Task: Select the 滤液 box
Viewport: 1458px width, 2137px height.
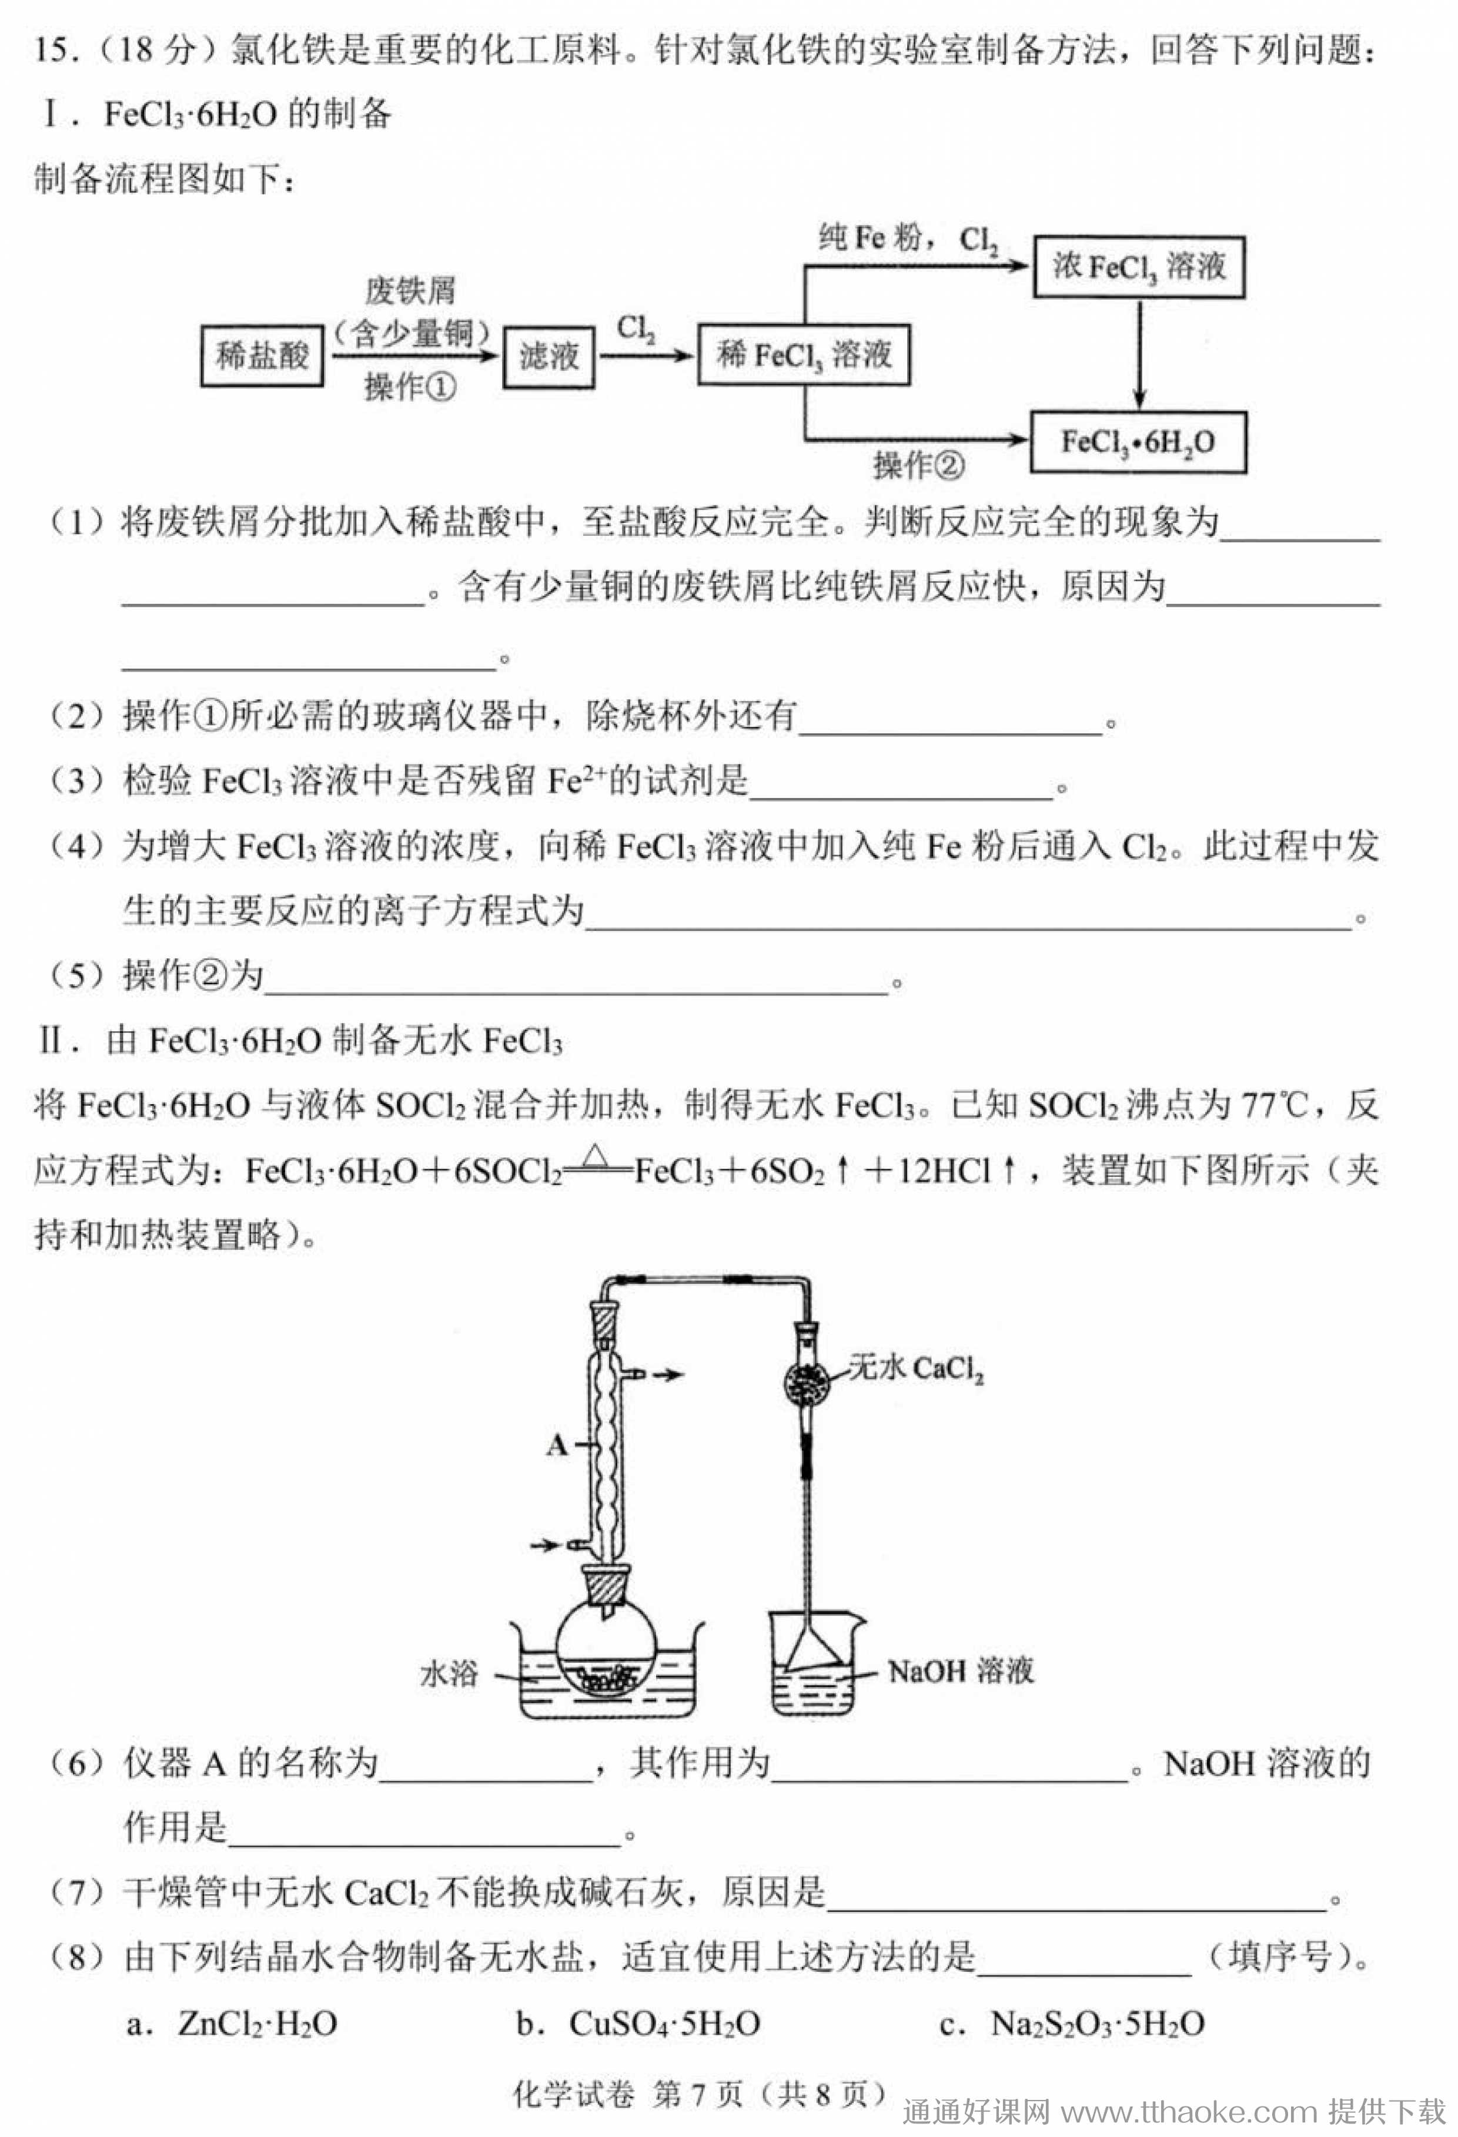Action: pyautogui.click(x=549, y=356)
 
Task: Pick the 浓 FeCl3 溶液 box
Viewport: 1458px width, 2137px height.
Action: pyautogui.click(x=1139, y=267)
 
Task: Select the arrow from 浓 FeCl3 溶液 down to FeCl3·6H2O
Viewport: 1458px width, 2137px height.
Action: pyautogui.click(x=1140, y=355)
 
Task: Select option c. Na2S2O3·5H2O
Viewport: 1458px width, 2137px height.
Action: pyautogui.click(x=1072, y=2024)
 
